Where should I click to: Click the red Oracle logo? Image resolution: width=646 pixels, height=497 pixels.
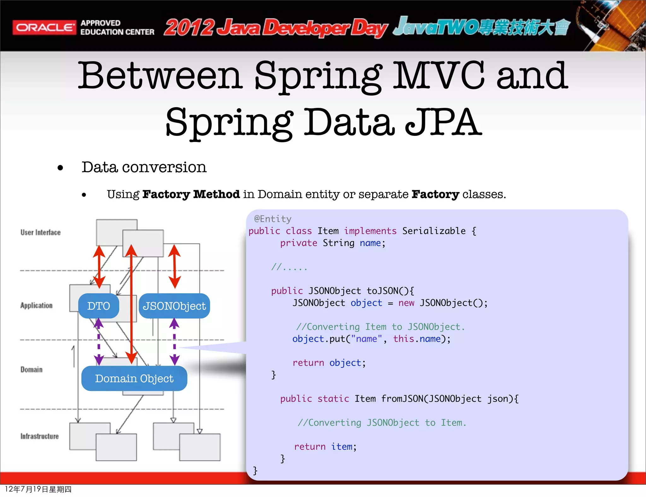pos(44,27)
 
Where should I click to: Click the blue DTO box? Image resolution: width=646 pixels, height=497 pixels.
pos(98,306)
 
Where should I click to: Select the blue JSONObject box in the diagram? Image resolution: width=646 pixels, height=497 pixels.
pos(174,306)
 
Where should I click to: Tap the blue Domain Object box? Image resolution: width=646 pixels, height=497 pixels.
pos(134,378)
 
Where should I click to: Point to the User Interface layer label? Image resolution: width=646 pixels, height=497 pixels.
pos(40,232)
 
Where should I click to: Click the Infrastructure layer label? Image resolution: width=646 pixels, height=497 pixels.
pos(39,436)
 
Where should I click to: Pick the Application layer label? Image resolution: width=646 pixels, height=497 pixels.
pos(36,306)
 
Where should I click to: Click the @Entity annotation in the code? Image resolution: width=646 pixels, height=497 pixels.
pos(273,219)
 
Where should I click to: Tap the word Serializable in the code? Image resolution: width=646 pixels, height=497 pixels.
pos(434,231)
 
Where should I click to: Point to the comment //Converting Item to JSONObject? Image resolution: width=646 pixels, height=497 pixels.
pos(380,327)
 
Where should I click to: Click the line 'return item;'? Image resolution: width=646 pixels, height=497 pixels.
pos(325,447)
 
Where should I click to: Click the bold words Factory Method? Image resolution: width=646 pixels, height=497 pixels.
pos(191,194)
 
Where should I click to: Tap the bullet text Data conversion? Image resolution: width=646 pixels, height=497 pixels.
pos(144,167)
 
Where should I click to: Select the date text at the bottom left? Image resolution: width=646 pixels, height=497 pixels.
pos(38,489)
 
